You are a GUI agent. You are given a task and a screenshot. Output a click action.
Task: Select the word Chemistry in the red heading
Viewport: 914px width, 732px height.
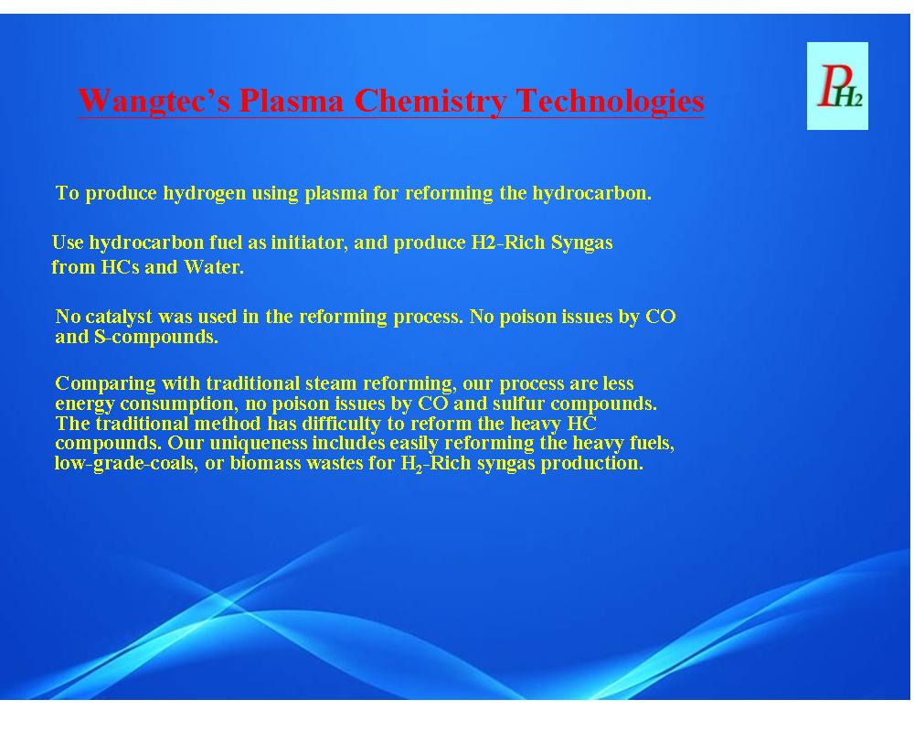click(430, 101)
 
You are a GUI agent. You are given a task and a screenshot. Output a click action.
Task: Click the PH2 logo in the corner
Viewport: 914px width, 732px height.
click(837, 86)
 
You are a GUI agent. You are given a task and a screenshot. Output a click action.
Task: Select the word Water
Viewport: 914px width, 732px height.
click(214, 267)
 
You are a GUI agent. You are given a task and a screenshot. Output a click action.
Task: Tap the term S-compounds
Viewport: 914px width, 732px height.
click(155, 338)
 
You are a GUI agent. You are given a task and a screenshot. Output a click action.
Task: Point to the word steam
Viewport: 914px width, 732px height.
click(331, 383)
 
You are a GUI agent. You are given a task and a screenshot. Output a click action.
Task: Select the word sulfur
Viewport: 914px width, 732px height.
click(518, 404)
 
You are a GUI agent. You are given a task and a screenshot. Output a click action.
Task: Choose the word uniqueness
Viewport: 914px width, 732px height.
click(259, 444)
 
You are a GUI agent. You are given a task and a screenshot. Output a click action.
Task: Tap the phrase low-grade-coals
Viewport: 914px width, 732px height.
click(125, 464)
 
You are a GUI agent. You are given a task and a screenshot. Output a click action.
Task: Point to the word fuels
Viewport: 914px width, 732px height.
click(652, 444)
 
